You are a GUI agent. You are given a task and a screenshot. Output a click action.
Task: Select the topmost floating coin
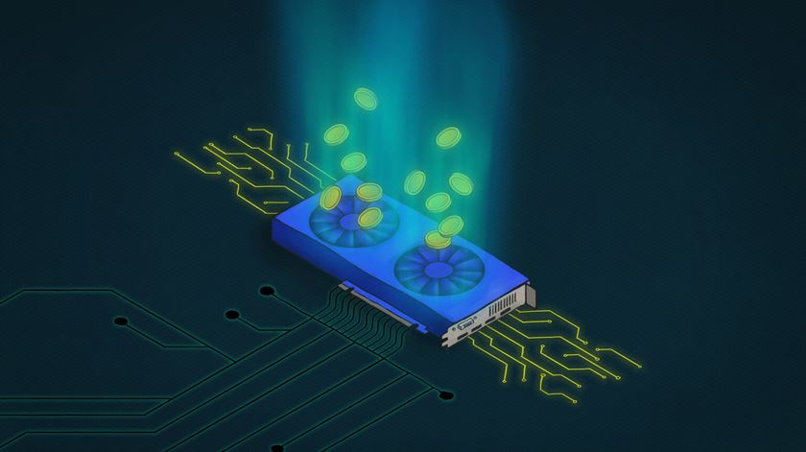[365, 97]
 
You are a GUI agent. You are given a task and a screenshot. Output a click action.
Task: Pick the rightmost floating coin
[461, 183]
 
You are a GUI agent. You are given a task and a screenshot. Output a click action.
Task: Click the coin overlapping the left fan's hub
[367, 219]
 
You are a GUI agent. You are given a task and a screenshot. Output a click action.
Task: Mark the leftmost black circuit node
[121, 320]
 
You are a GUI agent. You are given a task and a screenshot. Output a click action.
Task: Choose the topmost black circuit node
[266, 289]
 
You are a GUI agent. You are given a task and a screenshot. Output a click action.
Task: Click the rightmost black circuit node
[443, 394]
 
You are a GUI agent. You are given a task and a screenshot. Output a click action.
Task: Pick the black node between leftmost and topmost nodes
[230, 314]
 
